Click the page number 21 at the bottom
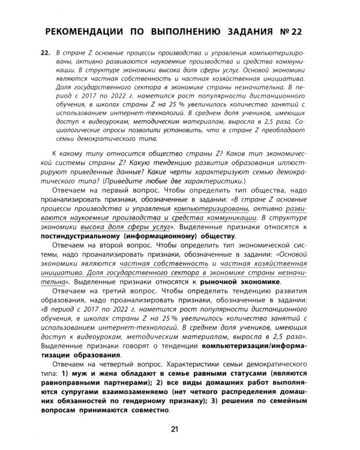point(175,428)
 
